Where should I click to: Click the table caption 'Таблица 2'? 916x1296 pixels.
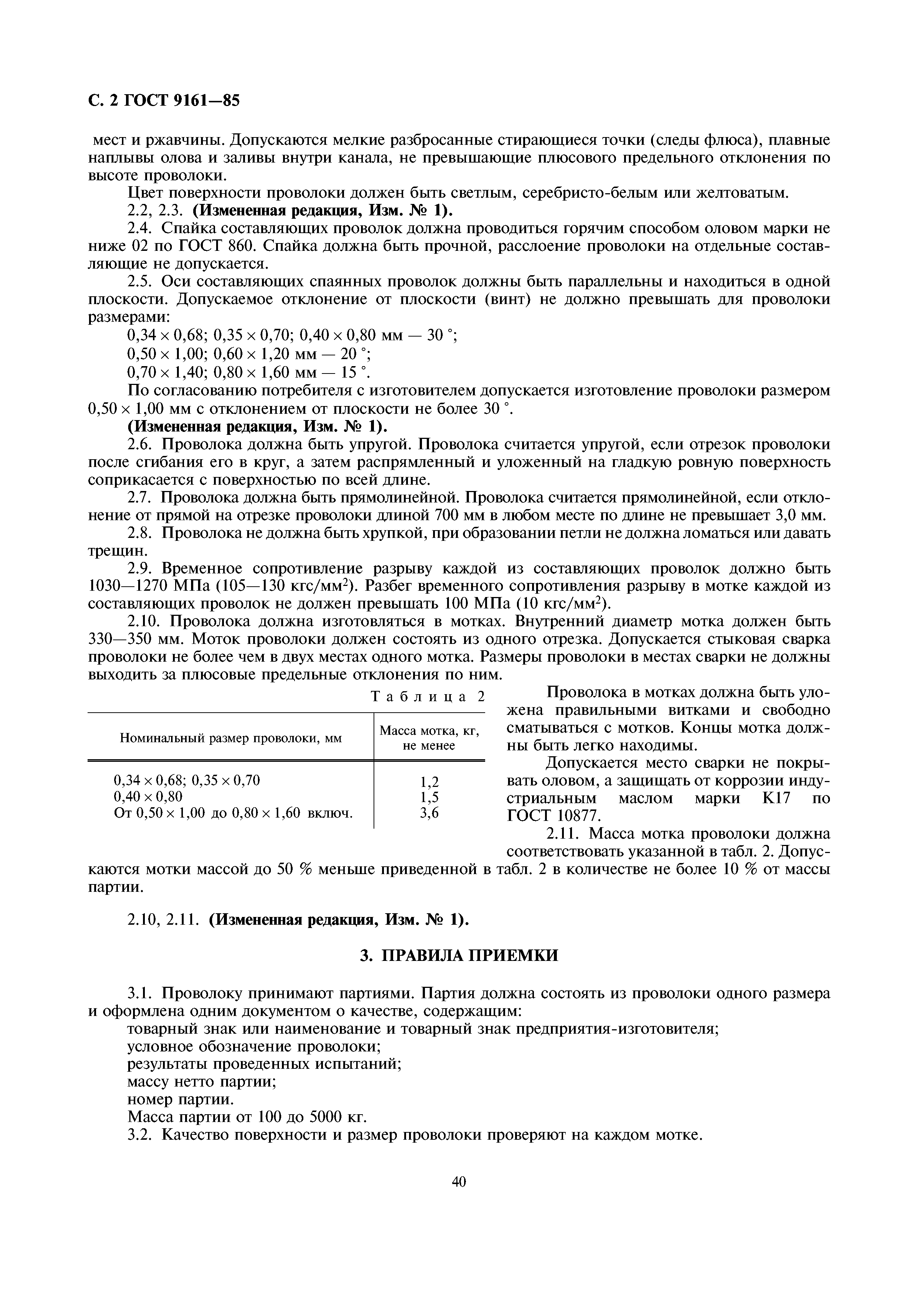click(428, 696)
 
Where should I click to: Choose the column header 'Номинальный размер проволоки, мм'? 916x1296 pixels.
click(231, 738)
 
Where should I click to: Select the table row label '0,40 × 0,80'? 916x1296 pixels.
click(149, 797)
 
